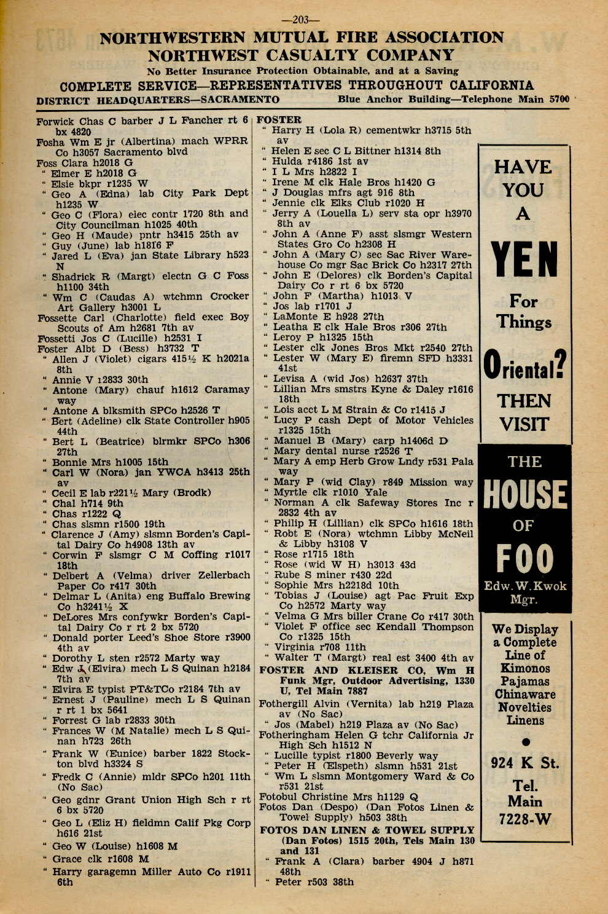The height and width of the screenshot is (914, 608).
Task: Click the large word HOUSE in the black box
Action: (524, 495)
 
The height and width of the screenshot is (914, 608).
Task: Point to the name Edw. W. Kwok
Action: (524, 586)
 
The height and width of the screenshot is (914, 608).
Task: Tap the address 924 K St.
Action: (524, 763)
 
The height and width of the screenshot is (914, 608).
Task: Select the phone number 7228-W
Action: (524, 819)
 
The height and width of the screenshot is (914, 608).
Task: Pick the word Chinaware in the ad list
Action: (524, 695)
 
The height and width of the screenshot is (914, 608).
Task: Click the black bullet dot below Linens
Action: (525, 742)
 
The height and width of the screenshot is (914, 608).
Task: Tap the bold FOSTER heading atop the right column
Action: (279, 120)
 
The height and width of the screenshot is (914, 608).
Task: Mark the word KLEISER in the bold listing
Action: (361, 671)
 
